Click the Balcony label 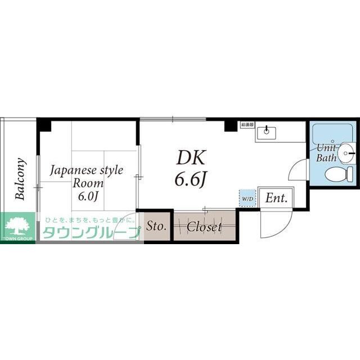pyautogui.click(x=20, y=179)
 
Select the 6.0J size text pyautogui.click(x=88, y=196)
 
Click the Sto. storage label pyautogui.click(x=155, y=227)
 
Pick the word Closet pyautogui.click(x=204, y=227)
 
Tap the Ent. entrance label pyautogui.click(x=276, y=198)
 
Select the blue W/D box pyautogui.click(x=247, y=198)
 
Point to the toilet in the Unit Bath pyautogui.click(x=339, y=174)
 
